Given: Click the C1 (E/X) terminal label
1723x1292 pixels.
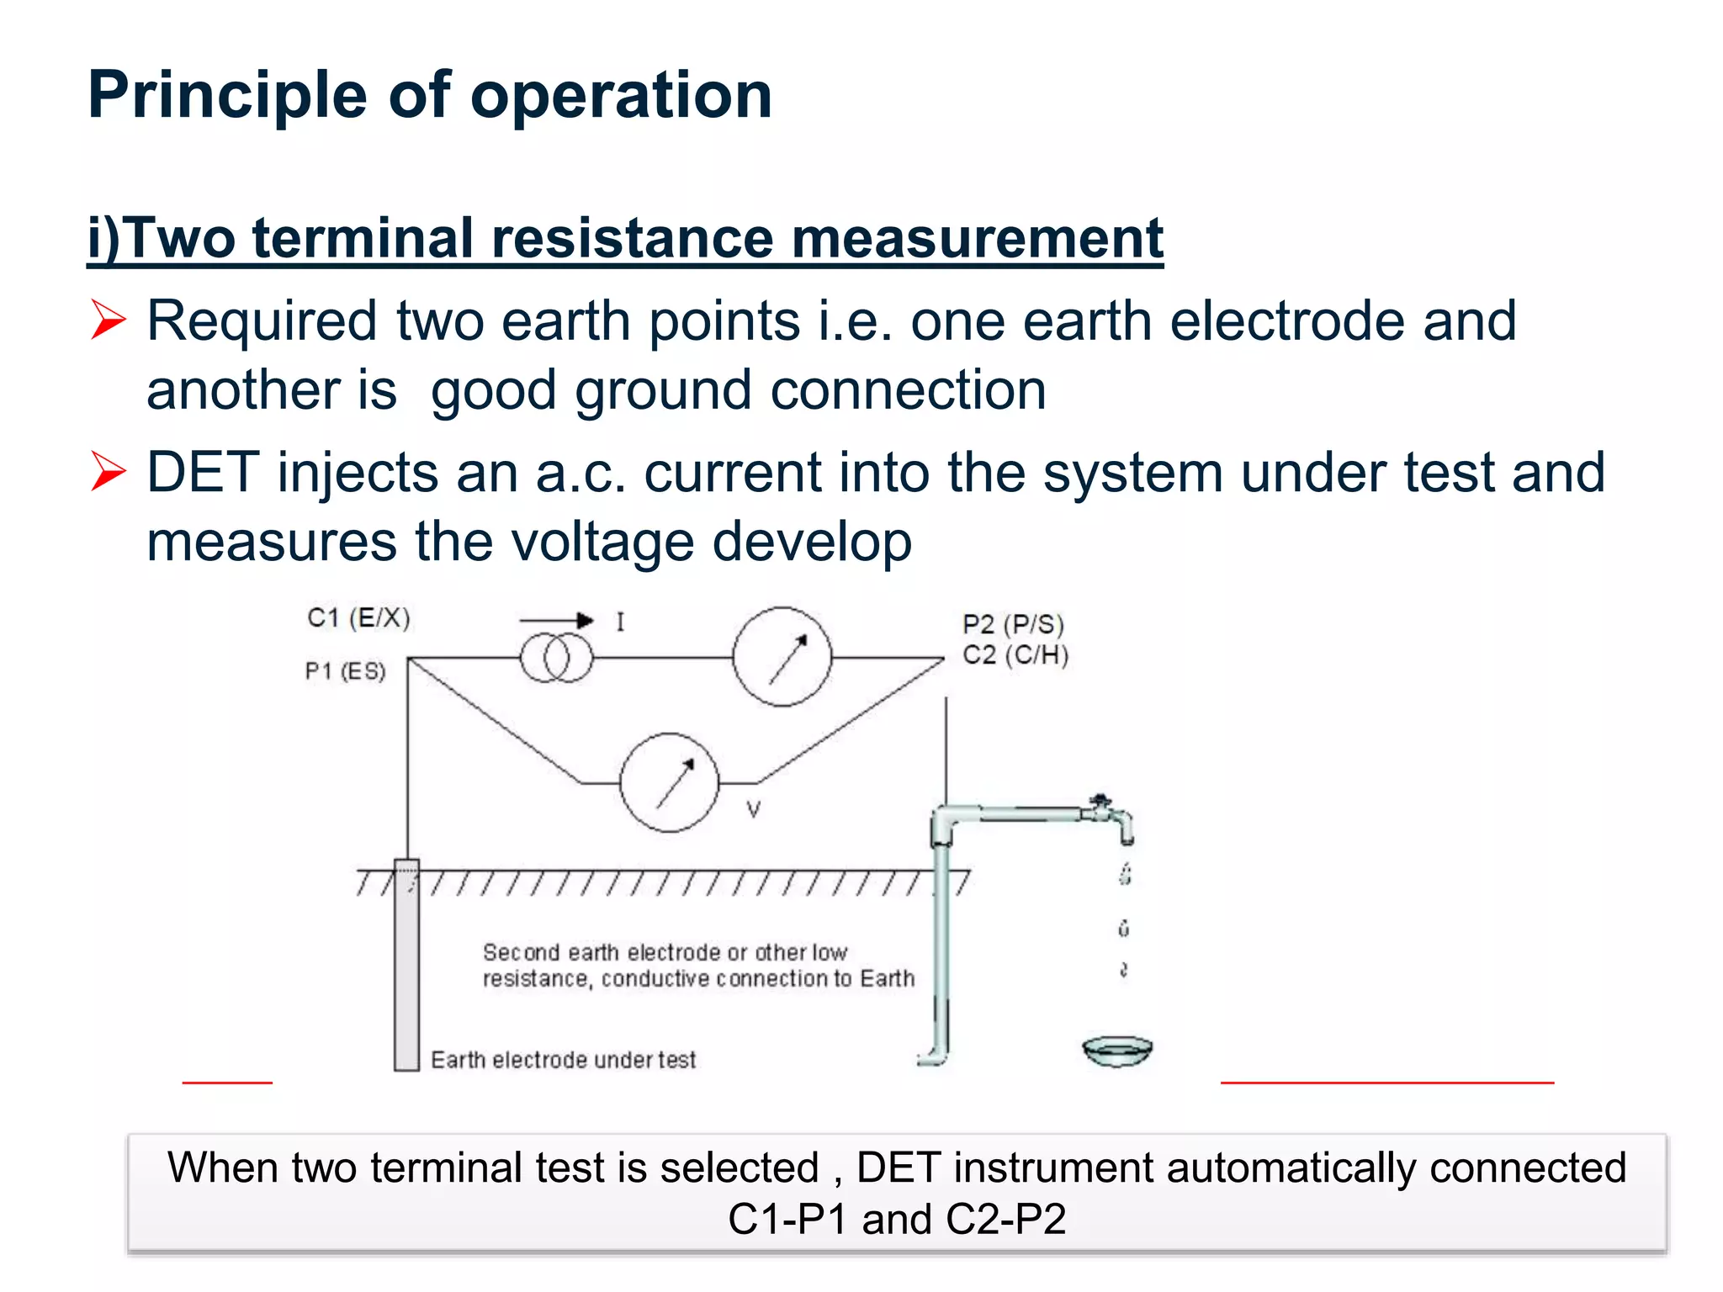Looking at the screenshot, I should pos(358,618).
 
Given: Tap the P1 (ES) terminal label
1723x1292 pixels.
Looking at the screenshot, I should pos(345,671).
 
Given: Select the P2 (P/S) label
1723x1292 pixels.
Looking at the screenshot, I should pos(1013,624).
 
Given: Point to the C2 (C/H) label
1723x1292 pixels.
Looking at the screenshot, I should pos(1015,654).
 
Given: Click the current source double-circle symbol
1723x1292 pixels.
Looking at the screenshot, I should pos(556,658).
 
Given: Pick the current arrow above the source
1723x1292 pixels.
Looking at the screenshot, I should pos(556,621).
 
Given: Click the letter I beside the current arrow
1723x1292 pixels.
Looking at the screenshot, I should pos(620,622).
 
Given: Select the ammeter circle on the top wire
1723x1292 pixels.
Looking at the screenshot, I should pos(782,657).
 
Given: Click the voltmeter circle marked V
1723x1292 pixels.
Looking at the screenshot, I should pos(670,782).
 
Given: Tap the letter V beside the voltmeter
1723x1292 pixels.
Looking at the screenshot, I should pos(754,810).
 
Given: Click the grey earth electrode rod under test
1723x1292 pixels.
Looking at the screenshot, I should pos(407,967).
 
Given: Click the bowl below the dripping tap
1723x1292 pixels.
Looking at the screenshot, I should pos(1117,1051).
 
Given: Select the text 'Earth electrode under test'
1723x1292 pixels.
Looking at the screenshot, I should pos(563,1060).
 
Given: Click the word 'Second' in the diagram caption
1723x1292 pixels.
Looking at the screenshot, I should pos(521,952).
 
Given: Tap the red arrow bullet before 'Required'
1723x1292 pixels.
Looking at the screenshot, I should pos(109,320).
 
